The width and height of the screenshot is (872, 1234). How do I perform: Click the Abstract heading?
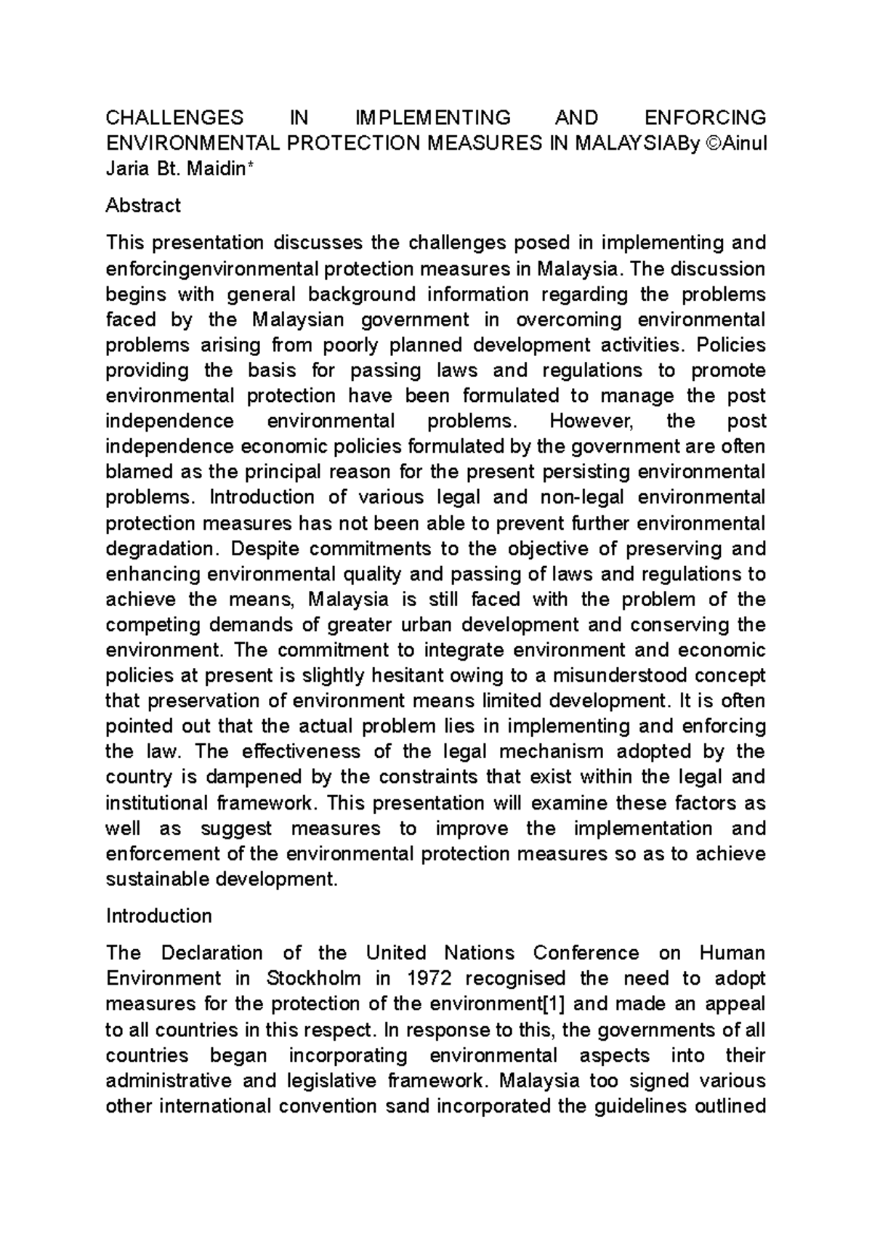click(x=143, y=206)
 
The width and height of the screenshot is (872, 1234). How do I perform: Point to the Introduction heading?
click(x=159, y=916)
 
